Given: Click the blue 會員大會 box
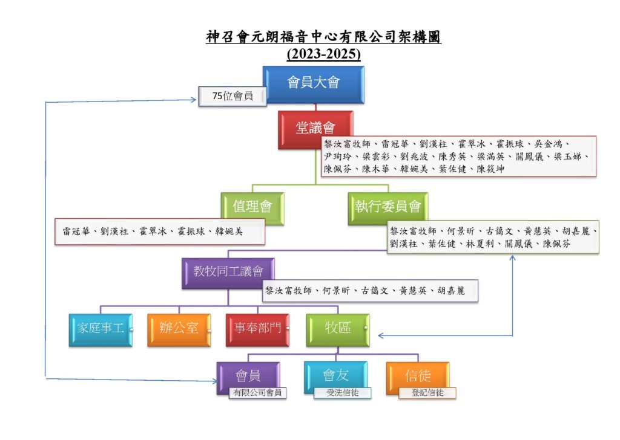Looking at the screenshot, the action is pos(314,85).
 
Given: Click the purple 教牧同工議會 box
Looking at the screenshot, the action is pos(228,273).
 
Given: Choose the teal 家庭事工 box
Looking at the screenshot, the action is pos(101,330).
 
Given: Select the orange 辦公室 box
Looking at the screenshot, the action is pos(179,330).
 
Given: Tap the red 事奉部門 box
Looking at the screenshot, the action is pos(257,330).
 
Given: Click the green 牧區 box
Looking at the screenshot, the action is pos(338,330).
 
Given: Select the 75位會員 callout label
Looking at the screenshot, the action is pos(232,96).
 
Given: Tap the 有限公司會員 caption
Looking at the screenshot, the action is pos(257,393).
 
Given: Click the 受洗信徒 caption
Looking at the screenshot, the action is pos(343,393).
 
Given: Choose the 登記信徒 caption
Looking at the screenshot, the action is pos(427,393).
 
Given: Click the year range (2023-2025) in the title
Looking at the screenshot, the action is pos(324,54).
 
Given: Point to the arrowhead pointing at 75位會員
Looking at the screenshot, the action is pos(194,100).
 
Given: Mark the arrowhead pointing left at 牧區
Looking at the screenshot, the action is pos(380,336).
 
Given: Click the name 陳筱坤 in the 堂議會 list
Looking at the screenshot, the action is pos(490,169).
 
